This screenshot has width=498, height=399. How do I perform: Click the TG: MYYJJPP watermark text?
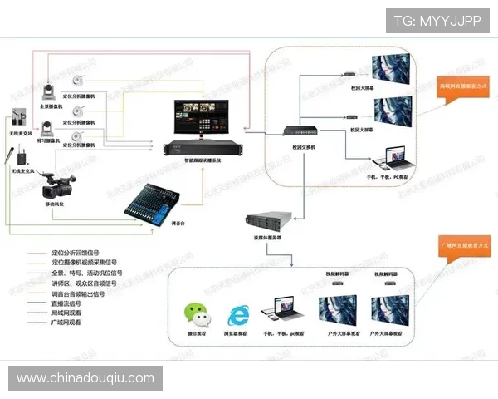click(x=437, y=21)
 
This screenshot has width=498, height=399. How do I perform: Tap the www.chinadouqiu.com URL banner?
click(x=85, y=378)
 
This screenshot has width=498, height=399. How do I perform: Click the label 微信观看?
click(x=197, y=334)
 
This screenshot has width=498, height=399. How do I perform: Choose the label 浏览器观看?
click(x=241, y=334)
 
